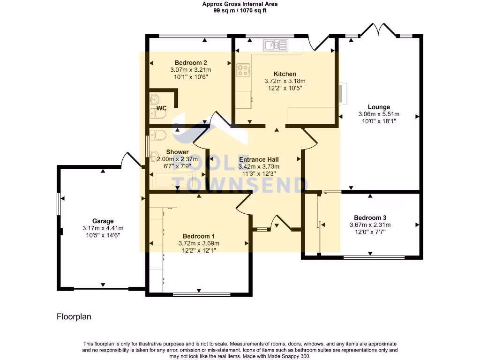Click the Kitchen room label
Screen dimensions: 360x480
[285, 74]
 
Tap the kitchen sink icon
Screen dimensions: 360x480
[275, 45]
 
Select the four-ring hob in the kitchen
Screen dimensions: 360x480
[243, 70]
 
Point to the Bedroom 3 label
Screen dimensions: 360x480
[370, 217]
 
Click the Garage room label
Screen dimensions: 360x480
[103, 221]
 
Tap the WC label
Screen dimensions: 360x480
[162, 108]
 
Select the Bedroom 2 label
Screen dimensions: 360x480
[191, 63]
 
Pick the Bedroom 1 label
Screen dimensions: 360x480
[199, 236]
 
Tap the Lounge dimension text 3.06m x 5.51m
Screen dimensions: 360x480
[379, 114]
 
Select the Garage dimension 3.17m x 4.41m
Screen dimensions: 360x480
[103, 228]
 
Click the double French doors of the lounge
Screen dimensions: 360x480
[378, 30]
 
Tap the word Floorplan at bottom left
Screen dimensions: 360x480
[74, 317]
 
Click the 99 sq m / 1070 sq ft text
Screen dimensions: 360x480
[240, 10]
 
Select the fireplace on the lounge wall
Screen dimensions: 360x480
[344, 93]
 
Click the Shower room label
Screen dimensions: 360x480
[177, 152]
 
